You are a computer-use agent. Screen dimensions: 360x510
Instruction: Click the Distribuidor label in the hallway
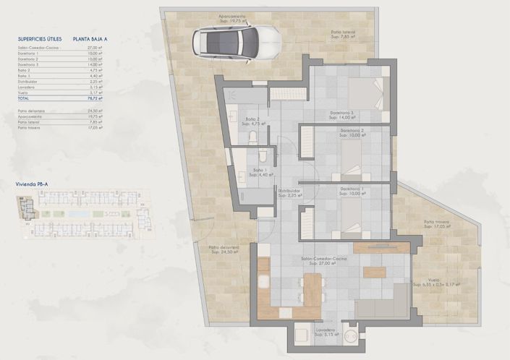click(x=290, y=192)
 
